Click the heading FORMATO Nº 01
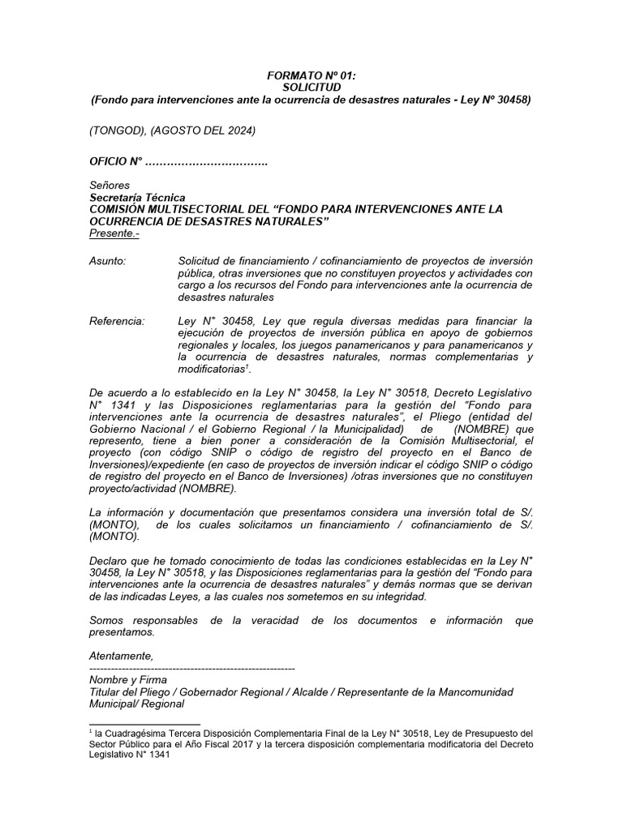click(x=311, y=75)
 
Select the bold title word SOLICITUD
click(x=311, y=87)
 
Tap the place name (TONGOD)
click(x=114, y=130)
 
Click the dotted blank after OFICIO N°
click(x=206, y=163)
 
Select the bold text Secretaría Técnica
click(x=138, y=198)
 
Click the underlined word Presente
click(x=111, y=233)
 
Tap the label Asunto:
click(x=107, y=261)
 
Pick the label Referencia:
click(x=117, y=321)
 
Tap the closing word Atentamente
click(x=121, y=656)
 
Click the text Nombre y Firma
click(x=128, y=679)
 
